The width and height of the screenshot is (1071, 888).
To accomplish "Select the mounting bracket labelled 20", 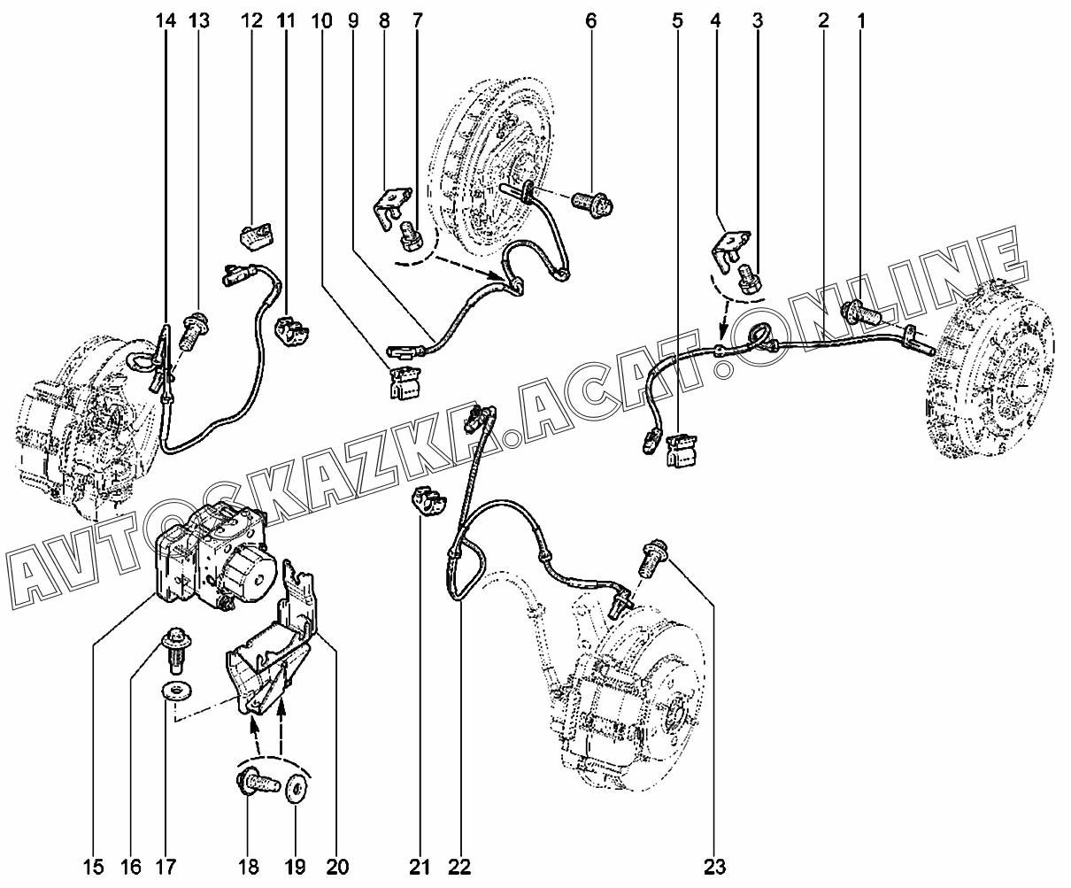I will [x=274, y=660].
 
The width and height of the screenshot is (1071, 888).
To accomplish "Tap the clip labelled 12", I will [x=255, y=236].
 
